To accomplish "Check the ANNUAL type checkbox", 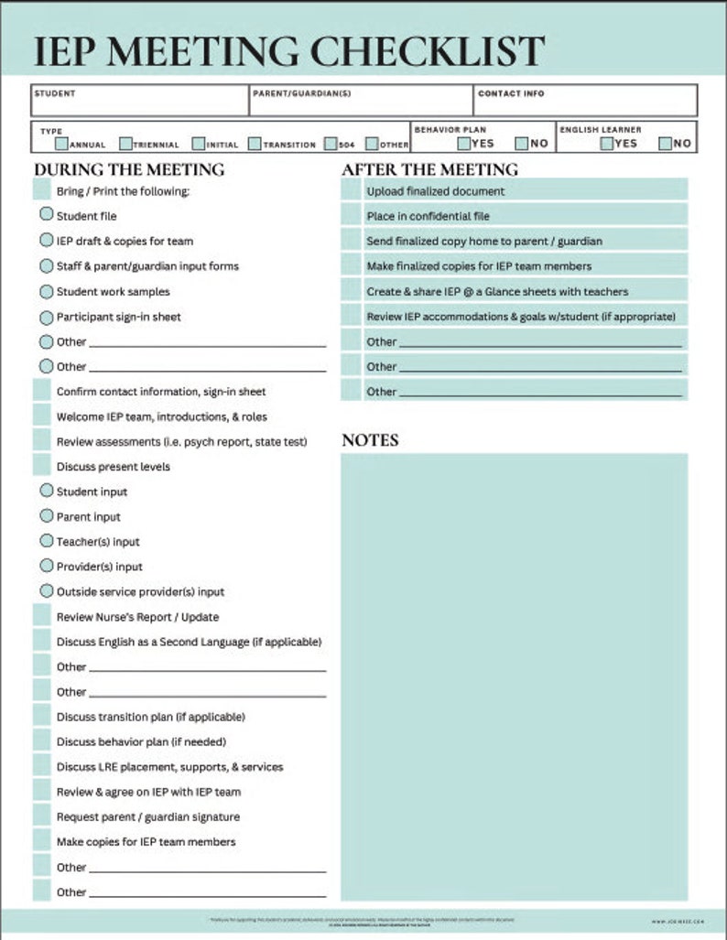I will pyautogui.click(x=61, y=144).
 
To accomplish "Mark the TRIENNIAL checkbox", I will pyautogui.click(x=125, y=144).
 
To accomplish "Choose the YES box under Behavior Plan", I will pyautogui.click(x=464, y=143).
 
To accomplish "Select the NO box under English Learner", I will pyautogui.click(x=666, y=143).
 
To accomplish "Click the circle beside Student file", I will pyautogui.click(x=46, y=215).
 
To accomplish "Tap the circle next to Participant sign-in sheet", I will pyautogui.click(x=46, y=317).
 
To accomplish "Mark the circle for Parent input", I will pyautogui.click(x=46, y=516).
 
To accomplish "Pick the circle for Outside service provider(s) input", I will pyautogui.click(x=46, y=591).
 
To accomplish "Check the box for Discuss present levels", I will pyautogui.click(x=42, y=466).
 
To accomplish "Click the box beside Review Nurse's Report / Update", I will pyautogui.click(x=42, y=616).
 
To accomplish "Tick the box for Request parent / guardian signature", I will pyautogui.click(x=42, y=816).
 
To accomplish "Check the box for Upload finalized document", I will pyautogui.click(x=351, y=190).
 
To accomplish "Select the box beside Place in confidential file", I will pyautogui.click(x=351, y=215).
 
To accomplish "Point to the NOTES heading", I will pyautogui.click(x=370, y=440).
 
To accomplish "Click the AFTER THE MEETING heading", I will pyautogui.click(x=429, y=169).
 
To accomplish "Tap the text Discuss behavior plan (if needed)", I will pyautogui.click(x=141, y=741).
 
